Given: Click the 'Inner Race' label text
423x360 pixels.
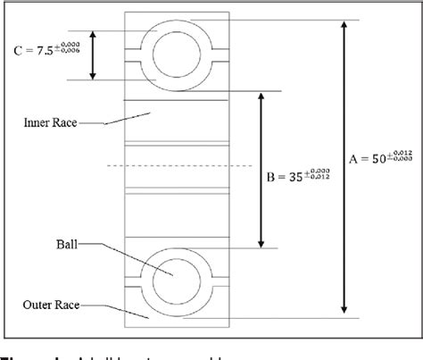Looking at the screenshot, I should pos(46,124).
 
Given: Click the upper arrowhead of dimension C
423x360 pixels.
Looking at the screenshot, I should pos(94,35).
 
